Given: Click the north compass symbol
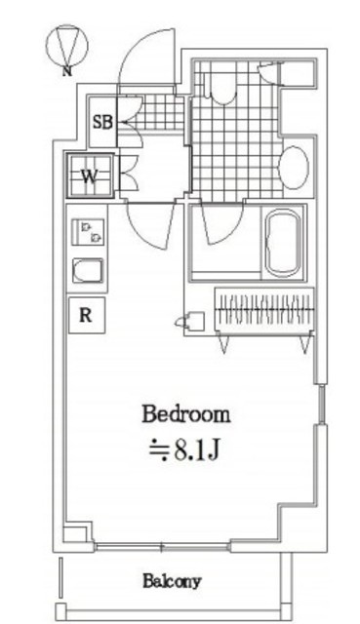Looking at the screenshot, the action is coord(66,45).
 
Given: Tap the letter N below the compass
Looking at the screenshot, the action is coord(67,71).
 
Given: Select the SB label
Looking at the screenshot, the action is coord(102,122).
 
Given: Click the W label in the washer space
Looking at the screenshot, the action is coord(90,176).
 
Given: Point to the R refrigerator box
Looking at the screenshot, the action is coord(86,316).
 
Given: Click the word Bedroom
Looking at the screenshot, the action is coord(186,414).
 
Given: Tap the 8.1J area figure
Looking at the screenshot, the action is coord(184,450).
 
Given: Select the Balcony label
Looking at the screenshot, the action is coord(172,581).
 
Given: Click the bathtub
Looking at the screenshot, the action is coord(283,243).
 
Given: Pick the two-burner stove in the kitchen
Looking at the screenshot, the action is coord(88,232).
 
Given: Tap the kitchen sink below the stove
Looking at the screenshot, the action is coord(88,271).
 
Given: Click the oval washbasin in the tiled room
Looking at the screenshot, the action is coord(294,168).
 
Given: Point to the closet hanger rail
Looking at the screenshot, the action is coord(264,309).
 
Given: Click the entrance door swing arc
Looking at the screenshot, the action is coord(147,57).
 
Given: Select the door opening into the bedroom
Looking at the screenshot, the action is coord(152,225).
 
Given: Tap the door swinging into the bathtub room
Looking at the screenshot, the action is coord(222,223).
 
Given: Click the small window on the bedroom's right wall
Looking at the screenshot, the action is coord(322,405).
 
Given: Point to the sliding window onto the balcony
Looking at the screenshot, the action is coord(163,548).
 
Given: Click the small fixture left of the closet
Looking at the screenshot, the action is coord(190,321).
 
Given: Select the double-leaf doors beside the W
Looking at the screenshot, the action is coord(129,172).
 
